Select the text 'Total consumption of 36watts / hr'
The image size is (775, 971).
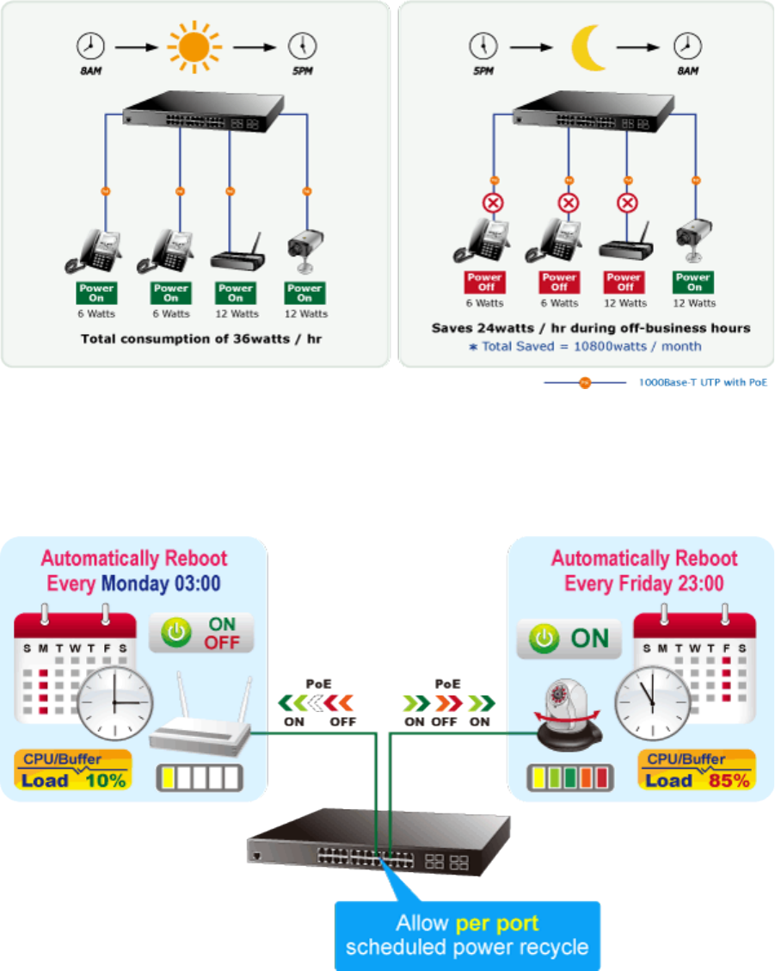(194, 338)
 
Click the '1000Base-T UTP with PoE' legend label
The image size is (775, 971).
(701, 382)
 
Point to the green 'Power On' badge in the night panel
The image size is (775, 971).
(693, 282)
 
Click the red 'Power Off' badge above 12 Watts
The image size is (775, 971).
(624, 282)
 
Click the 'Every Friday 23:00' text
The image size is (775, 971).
(643, 584)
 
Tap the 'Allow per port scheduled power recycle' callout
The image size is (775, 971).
(466, 936)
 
